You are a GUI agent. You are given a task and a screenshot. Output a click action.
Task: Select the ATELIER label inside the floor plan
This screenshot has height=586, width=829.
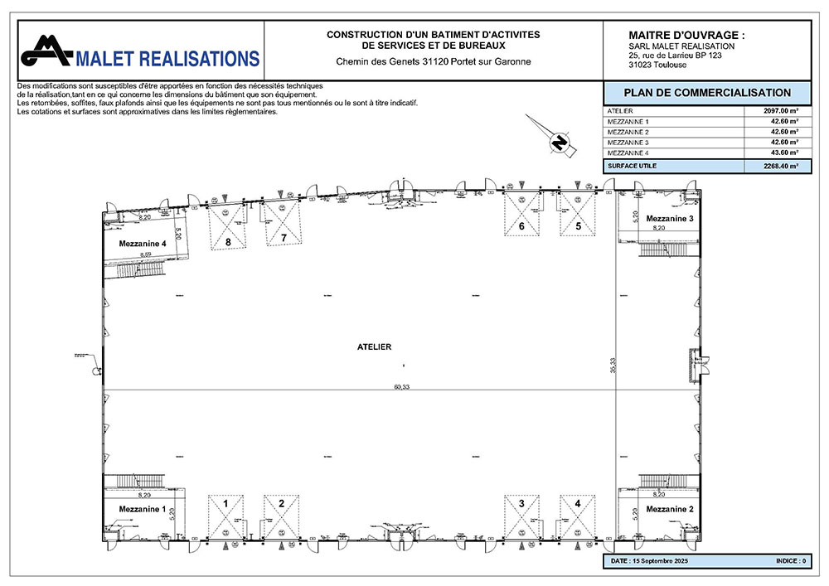(x=375, y=346)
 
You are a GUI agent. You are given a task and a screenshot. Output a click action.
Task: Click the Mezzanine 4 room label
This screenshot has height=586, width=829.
(x=143, y=244)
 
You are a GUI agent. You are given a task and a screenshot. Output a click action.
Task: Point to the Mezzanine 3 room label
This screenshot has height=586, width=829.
(x=669, y=217)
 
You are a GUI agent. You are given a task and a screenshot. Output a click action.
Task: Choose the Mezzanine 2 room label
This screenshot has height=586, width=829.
(x=669, y=508)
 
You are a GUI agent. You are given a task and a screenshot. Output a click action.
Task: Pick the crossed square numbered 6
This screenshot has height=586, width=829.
(x=521, y=213)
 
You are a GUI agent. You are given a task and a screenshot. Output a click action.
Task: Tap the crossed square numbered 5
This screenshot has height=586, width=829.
(x=577, y=213)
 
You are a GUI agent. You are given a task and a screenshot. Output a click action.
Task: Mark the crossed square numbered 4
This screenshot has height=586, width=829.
(x=577, y=516)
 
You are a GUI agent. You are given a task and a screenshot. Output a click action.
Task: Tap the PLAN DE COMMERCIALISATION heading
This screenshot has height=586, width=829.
(x=706, y=93)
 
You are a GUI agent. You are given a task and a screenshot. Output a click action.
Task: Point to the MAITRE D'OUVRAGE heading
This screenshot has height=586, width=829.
(x=687, y=36)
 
